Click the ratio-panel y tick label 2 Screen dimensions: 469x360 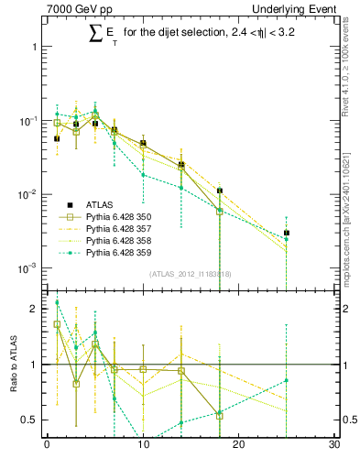(x=35, y=309)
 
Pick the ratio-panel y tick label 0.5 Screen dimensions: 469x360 (x=31, y=420)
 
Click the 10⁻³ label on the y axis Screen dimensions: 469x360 (x=27, y=268)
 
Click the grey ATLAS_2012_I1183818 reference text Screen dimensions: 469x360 (x=191, y=275)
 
